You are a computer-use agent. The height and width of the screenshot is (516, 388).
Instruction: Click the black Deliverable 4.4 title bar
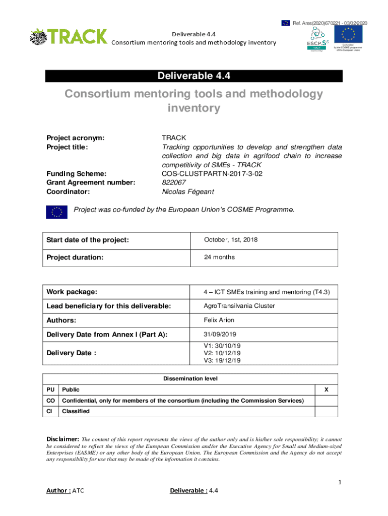[x=194, y=76]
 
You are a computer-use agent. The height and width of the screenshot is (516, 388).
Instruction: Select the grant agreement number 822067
[x=173, y=182]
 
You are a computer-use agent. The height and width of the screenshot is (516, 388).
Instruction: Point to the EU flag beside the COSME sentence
[x=57, y=212]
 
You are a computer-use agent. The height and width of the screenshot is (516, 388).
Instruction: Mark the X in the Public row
[x=326, y=390]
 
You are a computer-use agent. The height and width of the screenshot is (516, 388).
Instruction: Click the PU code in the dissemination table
[x=50, y=390]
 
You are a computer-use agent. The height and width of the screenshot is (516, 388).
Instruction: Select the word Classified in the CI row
[x=76, y=411]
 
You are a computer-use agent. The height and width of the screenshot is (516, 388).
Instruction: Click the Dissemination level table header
[x=190, y=378]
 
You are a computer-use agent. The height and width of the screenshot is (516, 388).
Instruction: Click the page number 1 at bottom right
[x=340, y=483]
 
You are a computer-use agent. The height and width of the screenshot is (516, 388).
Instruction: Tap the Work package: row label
[x=72, y=292]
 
